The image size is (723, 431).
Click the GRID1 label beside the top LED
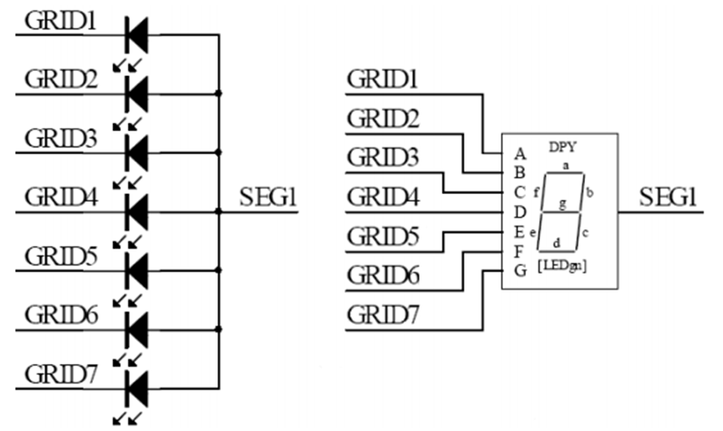(x=60, y=21)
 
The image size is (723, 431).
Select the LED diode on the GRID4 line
(x=136, y=212)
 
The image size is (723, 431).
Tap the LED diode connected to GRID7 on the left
(x=136, y=389)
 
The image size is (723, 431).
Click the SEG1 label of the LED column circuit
(x=268, y=197)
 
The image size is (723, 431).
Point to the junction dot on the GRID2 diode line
(x=218, y=94)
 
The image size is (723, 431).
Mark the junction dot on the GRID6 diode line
(x=218, y=330)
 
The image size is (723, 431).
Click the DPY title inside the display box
(x=563, y=147)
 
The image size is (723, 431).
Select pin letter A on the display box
(x=520, y=154)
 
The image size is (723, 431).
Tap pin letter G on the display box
(x=520, y=270)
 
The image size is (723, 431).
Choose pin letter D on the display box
(x=520, y=213)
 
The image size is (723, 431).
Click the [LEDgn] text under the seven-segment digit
(x=562, y=266)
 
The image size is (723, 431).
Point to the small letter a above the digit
(x=566, y=165)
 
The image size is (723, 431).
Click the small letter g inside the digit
(x=563, y=203)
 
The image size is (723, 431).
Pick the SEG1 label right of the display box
(x=668, y=197)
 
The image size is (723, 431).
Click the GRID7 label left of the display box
(x=383, y=316)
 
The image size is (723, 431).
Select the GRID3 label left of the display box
(x=383, y=156)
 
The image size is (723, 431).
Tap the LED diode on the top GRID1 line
(x=136, y=34)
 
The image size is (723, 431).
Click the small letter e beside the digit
(x=532, y=233)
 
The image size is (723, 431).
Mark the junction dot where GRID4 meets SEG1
(x=218, y=212)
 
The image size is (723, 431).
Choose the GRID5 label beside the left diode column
(x=61, y=257)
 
